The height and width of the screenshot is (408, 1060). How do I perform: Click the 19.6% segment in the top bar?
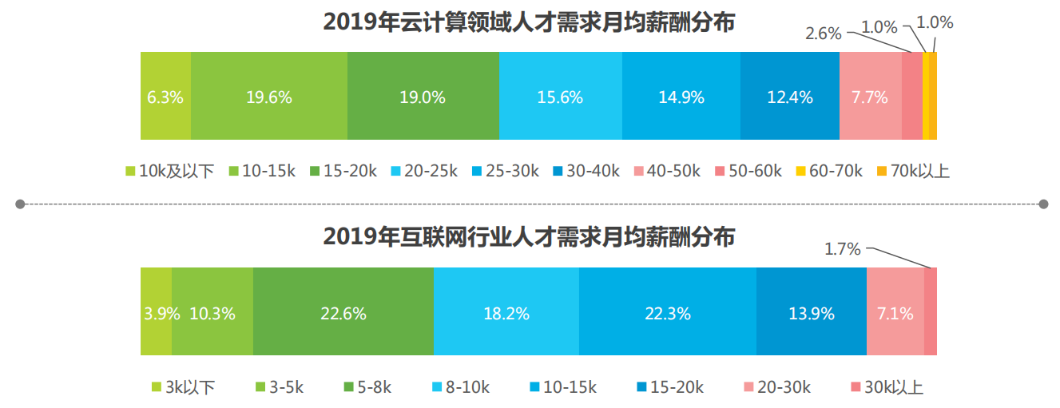(268, 97)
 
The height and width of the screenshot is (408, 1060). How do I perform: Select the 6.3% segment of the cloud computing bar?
(165, 97)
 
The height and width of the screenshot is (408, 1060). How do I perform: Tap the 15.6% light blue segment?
(560, 97)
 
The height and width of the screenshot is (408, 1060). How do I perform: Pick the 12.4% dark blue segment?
(789, 97)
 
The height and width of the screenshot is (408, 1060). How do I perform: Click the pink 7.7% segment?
(870, 97)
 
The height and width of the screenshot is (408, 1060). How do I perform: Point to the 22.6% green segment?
(343, 313)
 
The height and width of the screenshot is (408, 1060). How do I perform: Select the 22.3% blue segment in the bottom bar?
(667, 313)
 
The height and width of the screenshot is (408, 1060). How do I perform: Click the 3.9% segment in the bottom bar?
(157, 313)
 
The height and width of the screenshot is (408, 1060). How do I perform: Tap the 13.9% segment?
(811, 313)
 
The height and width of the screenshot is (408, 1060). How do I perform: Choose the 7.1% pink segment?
(895, 313)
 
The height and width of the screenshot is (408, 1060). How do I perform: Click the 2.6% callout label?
(823, 34)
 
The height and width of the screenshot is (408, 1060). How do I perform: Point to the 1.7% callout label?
(842, 249)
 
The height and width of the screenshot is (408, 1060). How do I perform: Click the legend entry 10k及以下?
(170, 171)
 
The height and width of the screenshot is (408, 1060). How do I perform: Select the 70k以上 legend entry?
(913, 171)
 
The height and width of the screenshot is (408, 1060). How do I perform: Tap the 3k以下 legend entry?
(183, 387)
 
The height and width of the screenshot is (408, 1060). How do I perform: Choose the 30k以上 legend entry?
(887, 387)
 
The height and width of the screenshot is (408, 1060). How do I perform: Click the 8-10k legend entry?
(461, 387)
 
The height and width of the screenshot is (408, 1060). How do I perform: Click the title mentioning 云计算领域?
(529, 22)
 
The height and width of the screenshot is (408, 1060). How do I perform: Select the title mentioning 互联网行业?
(529, 237)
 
